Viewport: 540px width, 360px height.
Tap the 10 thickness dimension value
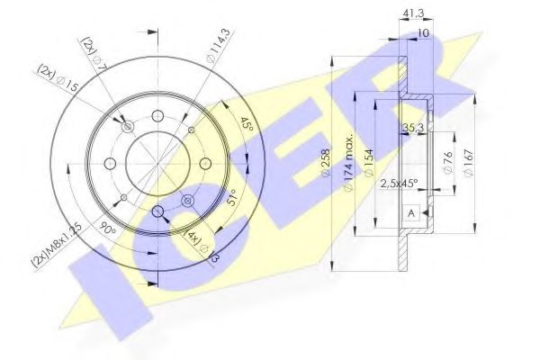[x=423, y=33]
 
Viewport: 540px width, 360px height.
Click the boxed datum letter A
[x=411, y=212]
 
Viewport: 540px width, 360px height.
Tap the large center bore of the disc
[x=157, y=162]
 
